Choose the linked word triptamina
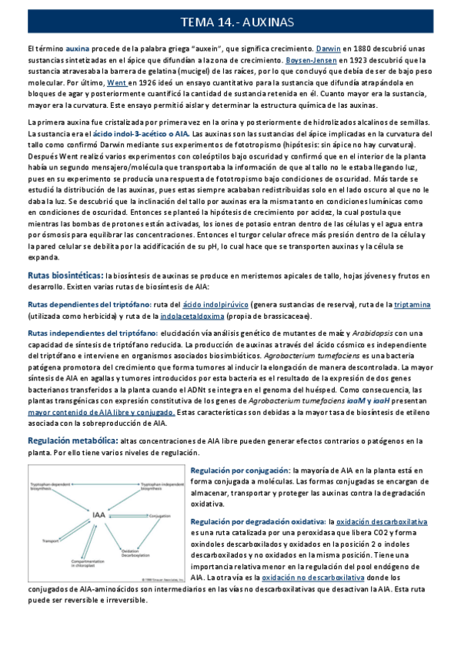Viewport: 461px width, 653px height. coord(412,304)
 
